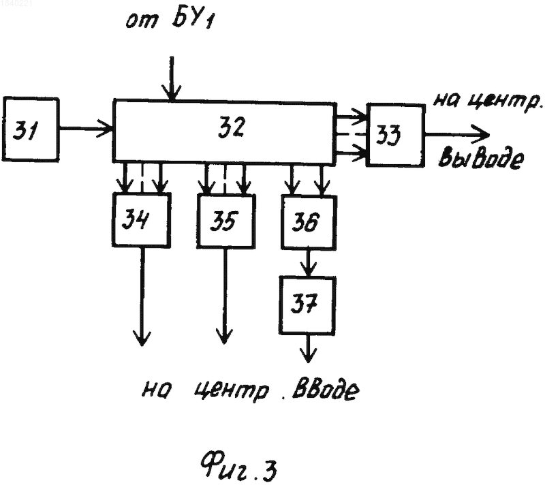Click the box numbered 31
[x=31, y=129]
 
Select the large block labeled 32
[x=225, y=131]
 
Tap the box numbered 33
[x=396, y=135]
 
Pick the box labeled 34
[x=142, y=220]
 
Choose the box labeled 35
[x=226, y=221]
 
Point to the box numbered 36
[x=309, y=222]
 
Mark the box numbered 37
[x=308, y=305]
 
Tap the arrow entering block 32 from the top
[x=172, y=79]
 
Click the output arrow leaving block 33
[x=457, y=134]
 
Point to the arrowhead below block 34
[x=142, y=338]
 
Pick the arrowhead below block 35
[x=225, y=336]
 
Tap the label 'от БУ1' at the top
[x=170, y=19]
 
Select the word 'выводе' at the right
[x=480, y=159]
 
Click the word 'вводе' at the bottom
[x=326, y=391]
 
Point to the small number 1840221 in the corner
[x=16, y=4]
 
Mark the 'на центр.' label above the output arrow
[x=488, y=101]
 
